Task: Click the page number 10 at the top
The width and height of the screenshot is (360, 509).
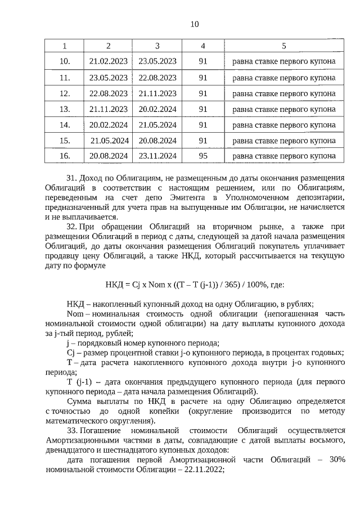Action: coord(194,24)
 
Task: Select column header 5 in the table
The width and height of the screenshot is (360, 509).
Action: coord(283,46)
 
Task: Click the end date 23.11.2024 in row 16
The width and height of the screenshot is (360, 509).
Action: coord(157,156)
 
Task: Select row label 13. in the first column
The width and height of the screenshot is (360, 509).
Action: coord(65,109)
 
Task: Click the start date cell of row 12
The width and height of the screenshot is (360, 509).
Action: coord(109,93)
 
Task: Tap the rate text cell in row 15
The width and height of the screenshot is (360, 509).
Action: coord(283,140)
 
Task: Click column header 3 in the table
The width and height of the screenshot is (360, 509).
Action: coord(157,46)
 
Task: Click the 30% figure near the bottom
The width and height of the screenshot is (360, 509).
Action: coord(336,461)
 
